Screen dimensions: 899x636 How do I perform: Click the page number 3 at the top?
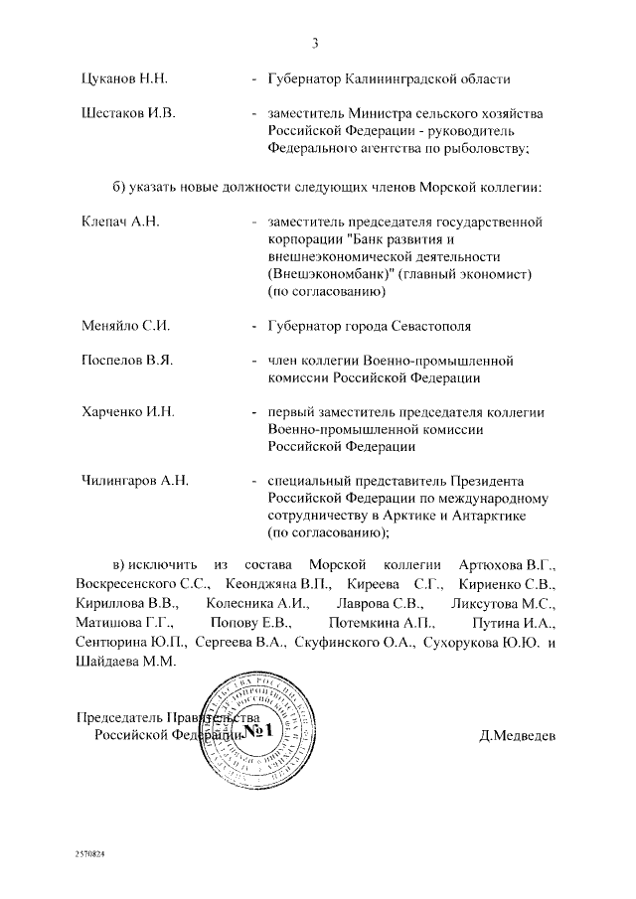(x=315, y=42)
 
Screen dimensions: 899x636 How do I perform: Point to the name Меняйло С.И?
(x=124, y=325)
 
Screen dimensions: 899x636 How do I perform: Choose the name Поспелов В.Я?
(x=126, y=360)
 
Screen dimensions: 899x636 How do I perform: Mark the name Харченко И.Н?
(x=127, y=412)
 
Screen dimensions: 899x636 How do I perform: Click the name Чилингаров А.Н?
(x=134, y=481)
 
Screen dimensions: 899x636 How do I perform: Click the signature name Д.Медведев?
(x=518, y=736)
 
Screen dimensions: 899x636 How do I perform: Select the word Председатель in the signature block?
(x=118, y=718)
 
